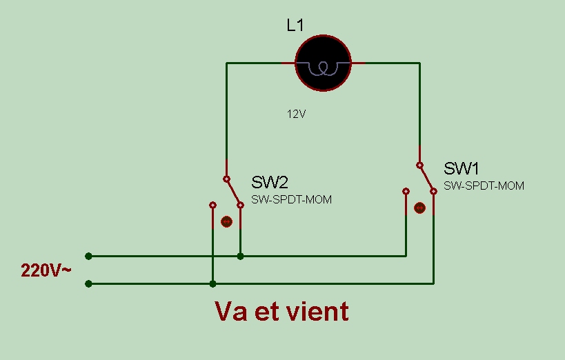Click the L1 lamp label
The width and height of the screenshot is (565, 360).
pos(295,26)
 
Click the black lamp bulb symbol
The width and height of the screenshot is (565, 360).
pos(323,63)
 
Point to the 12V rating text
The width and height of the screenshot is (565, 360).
pos(296,114)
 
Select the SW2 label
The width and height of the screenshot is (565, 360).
pos(269,183)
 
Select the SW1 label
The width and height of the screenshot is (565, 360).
pos(462,168)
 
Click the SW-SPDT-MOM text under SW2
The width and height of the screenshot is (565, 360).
pos(290,200)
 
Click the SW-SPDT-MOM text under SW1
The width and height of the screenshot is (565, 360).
pos(484,186)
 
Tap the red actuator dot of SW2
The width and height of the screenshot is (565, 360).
pos(226,221)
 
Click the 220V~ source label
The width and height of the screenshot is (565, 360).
pos(46,270)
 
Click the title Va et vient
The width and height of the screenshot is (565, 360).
pos(281,312)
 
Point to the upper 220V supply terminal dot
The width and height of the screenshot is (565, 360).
pos(88,256)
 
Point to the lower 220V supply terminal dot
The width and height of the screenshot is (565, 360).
pos(88,283)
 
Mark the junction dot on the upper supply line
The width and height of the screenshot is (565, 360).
pos(240,256)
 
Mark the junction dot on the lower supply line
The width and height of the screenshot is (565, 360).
pos(212,283)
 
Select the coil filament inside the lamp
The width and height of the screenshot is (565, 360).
pos(322,67)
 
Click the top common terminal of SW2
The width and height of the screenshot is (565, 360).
pos(226,179)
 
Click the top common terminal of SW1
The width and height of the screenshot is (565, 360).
pos(419,165)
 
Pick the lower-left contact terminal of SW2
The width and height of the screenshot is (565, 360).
pos(212,205)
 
